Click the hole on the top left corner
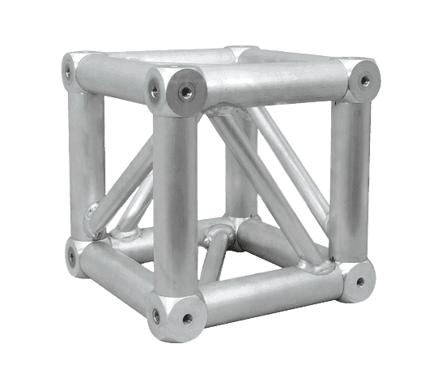[x=68, y=71]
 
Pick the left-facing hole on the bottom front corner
[x=153, y=327]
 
